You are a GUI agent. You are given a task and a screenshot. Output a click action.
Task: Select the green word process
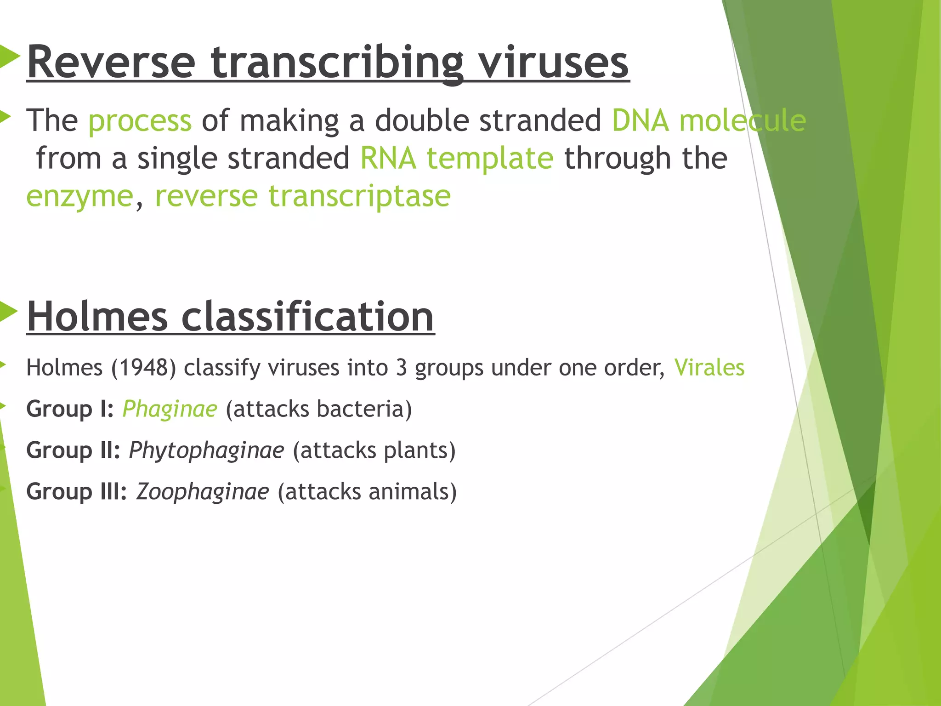click(x=140, y=121)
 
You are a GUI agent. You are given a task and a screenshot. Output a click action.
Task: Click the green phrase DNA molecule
click(x=708, y=121)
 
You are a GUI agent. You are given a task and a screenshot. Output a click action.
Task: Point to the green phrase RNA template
click(x=456, y=159)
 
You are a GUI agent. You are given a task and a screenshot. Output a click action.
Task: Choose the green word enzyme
click(x=80, y=197)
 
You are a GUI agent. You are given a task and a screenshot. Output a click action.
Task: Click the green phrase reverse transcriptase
click(x=303, y=197)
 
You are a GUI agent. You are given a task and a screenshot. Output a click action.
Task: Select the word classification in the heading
click(x=307, y=317)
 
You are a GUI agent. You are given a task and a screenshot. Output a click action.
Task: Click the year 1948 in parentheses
click(x=143, y=368)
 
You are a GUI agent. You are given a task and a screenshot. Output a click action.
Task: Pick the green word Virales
click(x=709, y=368)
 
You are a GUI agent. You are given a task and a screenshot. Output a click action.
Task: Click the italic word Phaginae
click(x=170, y=409)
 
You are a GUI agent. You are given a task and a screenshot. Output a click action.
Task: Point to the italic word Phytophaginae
click(x=206, y=450)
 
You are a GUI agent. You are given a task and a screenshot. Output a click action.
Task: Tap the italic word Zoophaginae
click(x=202, y=492)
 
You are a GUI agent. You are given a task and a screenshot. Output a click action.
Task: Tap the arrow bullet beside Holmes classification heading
click(x=8, y=312)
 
